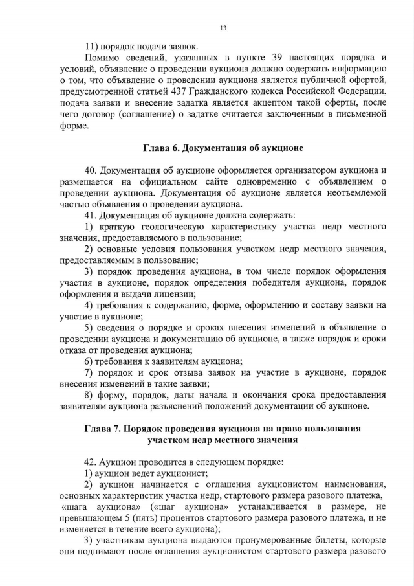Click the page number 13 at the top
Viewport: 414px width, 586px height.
point(223,28)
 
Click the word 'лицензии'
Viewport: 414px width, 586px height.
point(174,293)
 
